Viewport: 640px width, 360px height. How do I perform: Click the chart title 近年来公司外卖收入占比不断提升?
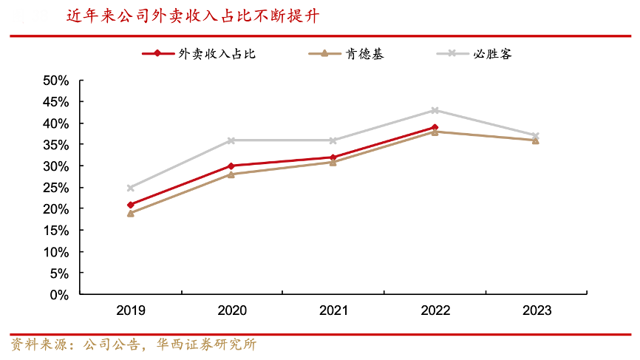tap(193, 16)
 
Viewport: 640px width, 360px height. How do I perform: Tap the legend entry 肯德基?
tap(364, 53)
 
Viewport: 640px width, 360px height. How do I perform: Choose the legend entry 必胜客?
tap(492, 53)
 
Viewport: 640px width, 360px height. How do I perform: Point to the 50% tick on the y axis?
tap(56, 80)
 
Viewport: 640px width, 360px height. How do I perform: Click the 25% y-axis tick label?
tap(56, 187)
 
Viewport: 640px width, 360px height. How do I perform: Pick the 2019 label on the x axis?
tap(131, 310)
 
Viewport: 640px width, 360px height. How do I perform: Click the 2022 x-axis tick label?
tap(435, 310)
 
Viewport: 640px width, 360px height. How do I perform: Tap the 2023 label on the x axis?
tap(536, 310)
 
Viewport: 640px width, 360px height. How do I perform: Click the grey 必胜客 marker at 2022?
tap(435, 110)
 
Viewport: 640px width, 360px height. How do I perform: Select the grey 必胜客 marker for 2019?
tap(131, 188)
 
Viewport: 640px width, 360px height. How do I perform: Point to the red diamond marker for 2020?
tap(231, 166)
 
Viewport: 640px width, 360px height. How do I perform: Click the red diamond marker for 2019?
tap(131, 205)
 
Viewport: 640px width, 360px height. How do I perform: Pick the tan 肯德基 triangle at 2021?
tap(333, 162)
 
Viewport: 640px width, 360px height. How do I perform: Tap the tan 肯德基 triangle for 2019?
tap(131, 213)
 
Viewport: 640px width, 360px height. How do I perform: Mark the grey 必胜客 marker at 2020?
tap(231, 140)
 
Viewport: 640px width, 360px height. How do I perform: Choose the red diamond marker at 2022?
tap(435, 127)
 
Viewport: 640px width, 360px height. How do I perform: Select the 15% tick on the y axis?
tap(56, 230)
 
